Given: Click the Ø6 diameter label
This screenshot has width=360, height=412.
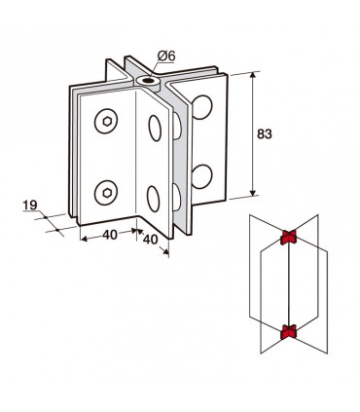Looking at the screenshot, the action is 166,56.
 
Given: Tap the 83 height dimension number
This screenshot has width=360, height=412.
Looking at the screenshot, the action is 264,133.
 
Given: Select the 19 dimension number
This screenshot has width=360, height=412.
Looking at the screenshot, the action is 30,206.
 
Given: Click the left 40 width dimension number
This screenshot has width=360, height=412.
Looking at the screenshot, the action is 110,235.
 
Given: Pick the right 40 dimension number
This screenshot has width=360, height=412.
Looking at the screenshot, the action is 150,240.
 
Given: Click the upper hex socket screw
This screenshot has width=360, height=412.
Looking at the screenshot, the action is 106,122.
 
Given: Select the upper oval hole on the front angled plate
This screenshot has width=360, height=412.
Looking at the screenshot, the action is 155,128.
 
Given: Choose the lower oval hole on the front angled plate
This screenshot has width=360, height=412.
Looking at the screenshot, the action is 154,199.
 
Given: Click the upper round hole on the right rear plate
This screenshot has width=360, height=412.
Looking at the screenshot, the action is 202,107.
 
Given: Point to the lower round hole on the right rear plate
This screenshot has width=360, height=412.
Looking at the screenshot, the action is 202,177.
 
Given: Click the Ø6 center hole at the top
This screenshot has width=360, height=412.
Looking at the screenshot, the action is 148,80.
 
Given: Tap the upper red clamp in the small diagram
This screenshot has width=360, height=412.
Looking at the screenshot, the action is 289,237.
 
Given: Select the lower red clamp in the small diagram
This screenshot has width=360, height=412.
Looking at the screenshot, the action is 288,331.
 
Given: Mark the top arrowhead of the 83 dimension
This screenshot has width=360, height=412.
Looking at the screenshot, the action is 253,75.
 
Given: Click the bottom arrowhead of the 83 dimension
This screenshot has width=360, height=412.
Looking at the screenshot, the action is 253,193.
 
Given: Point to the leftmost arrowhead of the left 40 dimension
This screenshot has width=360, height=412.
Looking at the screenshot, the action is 84,240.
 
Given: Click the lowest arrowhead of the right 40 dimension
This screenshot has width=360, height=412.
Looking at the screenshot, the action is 165,251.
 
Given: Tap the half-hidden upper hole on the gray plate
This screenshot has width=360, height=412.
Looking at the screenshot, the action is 177,126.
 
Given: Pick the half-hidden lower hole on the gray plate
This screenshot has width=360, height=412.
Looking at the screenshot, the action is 177,197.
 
